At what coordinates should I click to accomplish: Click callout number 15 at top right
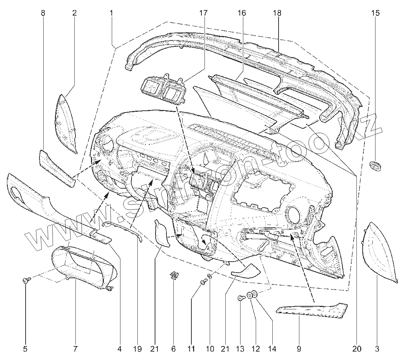point(375,13)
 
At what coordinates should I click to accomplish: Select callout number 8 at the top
point(43,13)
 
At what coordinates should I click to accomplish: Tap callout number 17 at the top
point(203,13)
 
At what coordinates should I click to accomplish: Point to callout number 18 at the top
point(277,13)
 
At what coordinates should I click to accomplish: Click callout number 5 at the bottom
point(25,349)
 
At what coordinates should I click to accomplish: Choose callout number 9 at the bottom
point(299,349)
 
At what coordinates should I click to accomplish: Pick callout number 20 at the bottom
point(356,349)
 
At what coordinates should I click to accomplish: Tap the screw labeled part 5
point(26,280)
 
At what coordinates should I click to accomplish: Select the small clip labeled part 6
point(174,275)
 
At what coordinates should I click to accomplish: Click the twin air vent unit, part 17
point(163,90)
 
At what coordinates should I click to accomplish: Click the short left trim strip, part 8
point(56,168)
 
